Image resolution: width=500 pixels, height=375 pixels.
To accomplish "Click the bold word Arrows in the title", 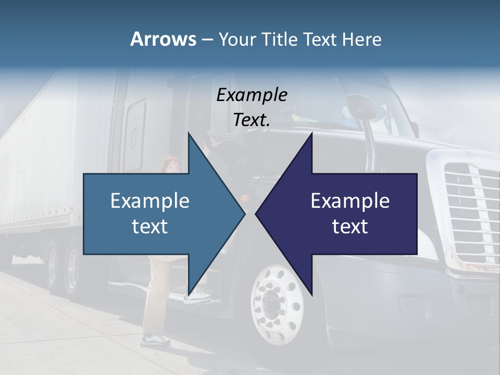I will [x=162, y=39].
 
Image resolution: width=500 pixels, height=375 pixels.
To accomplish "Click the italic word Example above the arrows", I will [x=252, y=95].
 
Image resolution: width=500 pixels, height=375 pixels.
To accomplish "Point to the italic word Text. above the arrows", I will [x=252, y=120].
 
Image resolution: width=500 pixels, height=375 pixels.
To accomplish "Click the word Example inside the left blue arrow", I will [x=150, y=201].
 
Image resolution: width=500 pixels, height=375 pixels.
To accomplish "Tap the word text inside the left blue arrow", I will [x=150, y=227].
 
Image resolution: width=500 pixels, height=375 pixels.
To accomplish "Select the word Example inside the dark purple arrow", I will [x=350, y=201].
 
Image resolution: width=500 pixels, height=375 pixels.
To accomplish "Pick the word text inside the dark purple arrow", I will [x=350, y=227].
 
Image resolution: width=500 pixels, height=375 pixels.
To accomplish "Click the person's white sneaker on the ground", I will [x=156, y=340].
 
